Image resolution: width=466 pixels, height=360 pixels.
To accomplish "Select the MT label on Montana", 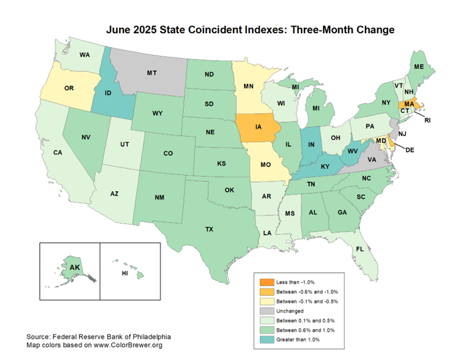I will coord(152,73).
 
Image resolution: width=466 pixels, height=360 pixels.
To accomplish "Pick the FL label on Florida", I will coord(360,249).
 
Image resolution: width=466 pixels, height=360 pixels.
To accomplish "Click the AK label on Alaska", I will coord(74,268).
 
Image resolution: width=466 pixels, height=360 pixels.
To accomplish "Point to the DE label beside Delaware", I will coord(409,149).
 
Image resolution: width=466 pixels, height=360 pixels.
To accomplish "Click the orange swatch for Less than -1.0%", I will coord(265,282).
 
